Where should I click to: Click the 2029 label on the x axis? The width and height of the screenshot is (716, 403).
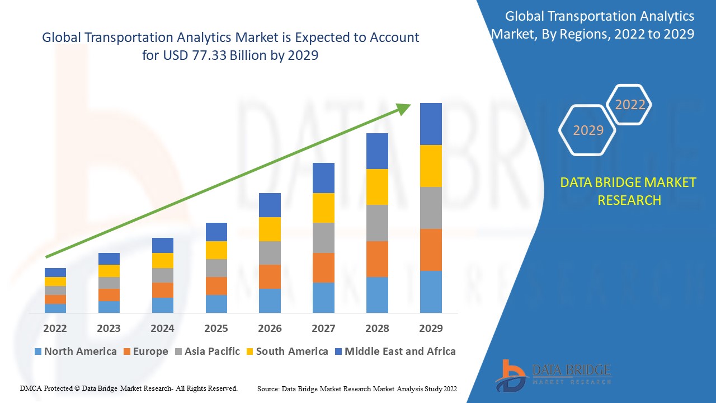pyautogui.click(x=431, y=328)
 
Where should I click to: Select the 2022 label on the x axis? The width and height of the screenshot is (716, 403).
pyautogui.click(x=55, y=328)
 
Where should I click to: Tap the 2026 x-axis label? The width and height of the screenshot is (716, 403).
pyautogui.click(x=270, y=328)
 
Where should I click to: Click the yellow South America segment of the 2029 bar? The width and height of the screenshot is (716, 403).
pyautogui.click(x=431, y=166)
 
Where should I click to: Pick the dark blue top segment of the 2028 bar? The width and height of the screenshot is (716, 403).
pyautogui.click(x=377, y=151)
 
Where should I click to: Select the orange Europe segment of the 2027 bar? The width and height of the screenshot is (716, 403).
pyautogui.click(x=323, y=268)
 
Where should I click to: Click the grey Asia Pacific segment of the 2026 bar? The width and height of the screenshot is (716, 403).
pyautogui.click(x=270, y=253)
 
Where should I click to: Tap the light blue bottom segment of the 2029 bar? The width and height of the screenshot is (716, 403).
pyautogui.click(x=431, y=292)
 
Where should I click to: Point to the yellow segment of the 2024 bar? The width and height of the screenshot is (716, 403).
pyautogui.click(x=163, y=260)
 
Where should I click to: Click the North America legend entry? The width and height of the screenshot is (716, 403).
pyautogui.click(x=76, y=352)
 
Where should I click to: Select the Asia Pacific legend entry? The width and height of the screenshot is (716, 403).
pyautogui.click(x=208, y=352)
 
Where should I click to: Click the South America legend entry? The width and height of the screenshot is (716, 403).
pyautogui.click(x=286, y=352)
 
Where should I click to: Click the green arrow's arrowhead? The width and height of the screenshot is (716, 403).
pyautogui.click(x=404, y=107)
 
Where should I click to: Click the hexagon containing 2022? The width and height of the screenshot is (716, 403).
pyautogui.click(x=630, y=105)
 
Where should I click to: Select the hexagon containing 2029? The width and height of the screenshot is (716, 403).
pyautogui.click(x=588, y=130)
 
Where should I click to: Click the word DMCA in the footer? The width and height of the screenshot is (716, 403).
pyautogui.click(x=31, y=388)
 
